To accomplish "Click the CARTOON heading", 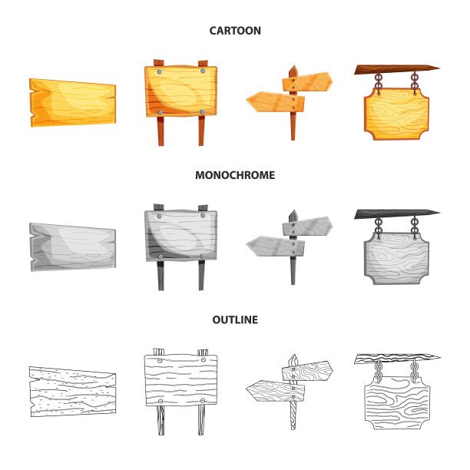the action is [x=235, y=31].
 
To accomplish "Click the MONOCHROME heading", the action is [x=235, y=175].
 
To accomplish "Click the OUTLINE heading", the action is [x=235, y=319].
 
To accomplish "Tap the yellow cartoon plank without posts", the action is [x=72, y=102].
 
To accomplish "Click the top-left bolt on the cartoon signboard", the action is [x=160, y=71].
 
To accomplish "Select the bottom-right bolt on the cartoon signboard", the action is [x=203, y=112].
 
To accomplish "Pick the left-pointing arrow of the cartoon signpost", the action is [x=275, y=101].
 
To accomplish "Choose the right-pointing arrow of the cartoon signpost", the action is [x=307, y=81].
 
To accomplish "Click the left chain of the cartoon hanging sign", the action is [x=379, y=82].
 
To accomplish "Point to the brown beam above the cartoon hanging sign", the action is [x=397, y=70].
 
